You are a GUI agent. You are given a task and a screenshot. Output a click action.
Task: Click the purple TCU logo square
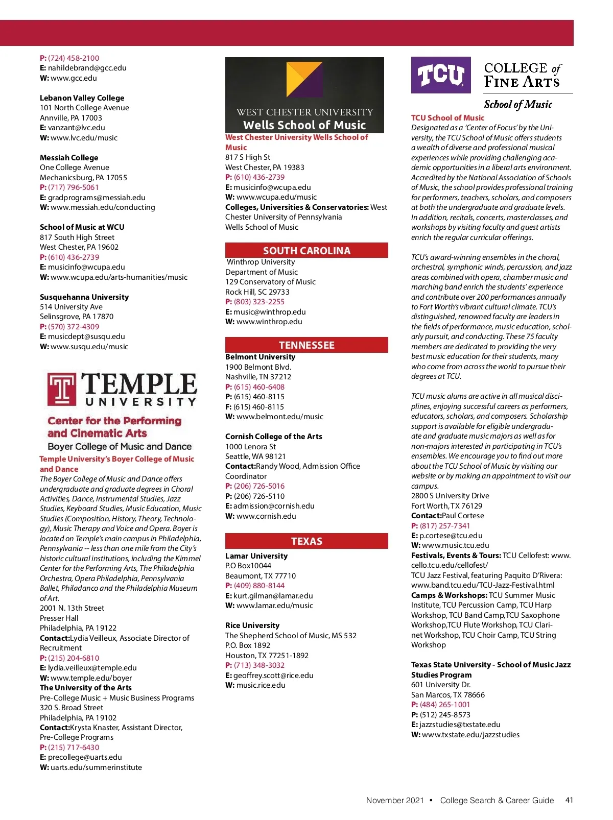click(441, 75)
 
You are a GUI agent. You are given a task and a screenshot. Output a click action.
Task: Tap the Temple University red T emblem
click(62, 389)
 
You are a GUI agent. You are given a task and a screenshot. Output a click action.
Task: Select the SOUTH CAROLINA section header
click(306, 251)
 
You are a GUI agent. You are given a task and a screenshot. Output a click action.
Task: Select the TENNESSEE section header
click(306, 345)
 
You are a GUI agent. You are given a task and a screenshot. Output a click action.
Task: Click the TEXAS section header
click(306, 541)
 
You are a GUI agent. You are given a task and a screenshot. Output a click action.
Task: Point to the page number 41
click(569, 800)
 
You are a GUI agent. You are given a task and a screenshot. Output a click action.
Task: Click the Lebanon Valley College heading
click(82, 98)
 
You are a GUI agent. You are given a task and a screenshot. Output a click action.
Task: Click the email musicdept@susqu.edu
click(86, 336)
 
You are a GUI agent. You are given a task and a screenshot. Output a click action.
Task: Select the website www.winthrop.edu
click(269, 322)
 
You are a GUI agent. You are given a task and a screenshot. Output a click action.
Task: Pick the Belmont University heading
click(260, 357)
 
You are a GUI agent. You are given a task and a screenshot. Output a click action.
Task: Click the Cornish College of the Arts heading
click(273, 437)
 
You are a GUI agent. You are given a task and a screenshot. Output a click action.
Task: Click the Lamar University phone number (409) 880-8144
click(259, 586)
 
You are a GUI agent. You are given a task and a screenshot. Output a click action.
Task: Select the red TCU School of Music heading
click(447, 118)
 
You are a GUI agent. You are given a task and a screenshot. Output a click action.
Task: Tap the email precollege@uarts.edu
click(85, 757)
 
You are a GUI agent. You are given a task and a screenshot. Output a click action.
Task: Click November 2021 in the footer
click(395, 801)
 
